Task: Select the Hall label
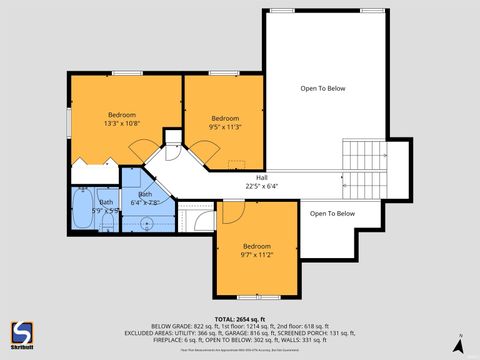pyautogui.click(x=262, y=177)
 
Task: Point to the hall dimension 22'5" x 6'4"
pyautogui.click(x=262, y=186)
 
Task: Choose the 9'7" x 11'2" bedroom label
pyautogui.click(x=257, y=252)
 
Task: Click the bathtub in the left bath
pyautogui.click(x=81, y=211)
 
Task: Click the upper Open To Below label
pyautogui.click(x=323, y=89)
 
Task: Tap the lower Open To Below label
pyautogui.click(x=332, y=213)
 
